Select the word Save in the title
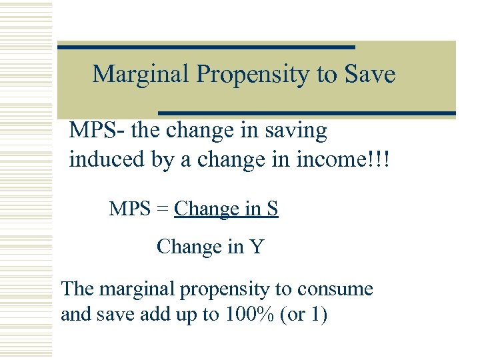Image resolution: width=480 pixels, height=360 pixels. tap(369, 74)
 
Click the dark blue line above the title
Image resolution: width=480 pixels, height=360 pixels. tap(206, 47)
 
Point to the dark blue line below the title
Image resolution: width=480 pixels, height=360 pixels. tap(307, 113)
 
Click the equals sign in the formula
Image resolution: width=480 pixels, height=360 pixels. tap(163, 210)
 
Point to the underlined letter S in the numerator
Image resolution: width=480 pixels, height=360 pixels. tap(272, 209)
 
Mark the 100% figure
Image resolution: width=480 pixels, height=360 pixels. tap(242, 314)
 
